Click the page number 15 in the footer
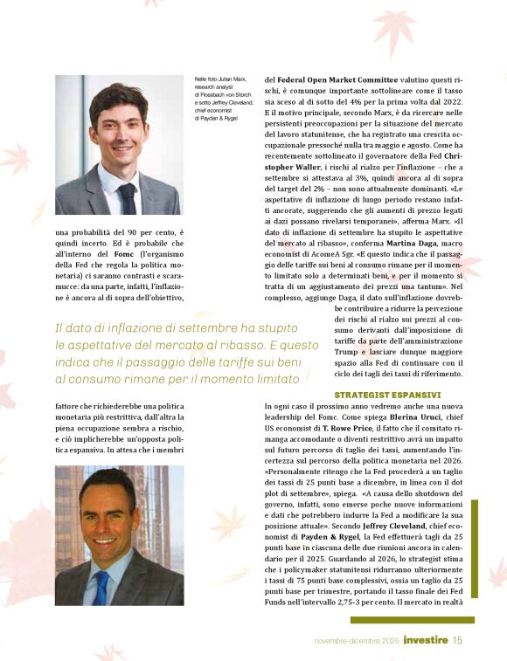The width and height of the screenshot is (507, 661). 457,640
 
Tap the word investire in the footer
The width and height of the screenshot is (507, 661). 427,640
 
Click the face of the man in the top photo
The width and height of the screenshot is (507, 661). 119,131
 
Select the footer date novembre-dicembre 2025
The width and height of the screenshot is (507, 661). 357,640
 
